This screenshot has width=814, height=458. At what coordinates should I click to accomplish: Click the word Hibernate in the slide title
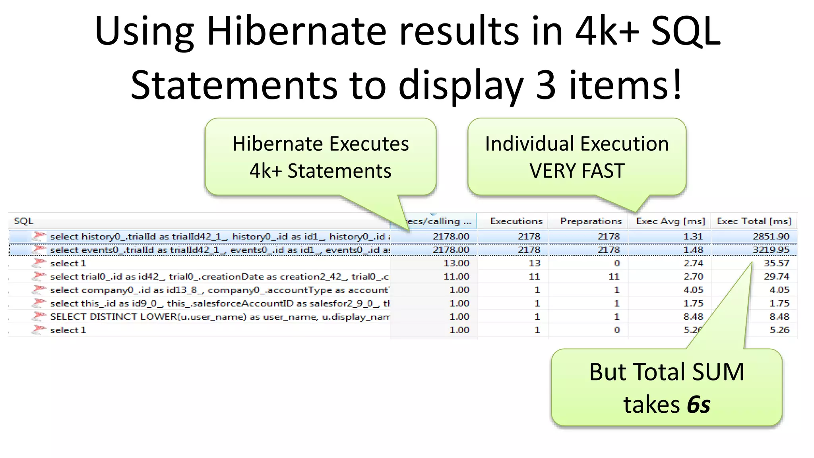(296, 32)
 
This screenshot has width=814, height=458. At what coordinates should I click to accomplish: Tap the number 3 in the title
(545, 85)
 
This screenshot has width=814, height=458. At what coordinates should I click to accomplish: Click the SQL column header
(23, 221)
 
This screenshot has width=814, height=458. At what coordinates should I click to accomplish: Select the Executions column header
(516, 221)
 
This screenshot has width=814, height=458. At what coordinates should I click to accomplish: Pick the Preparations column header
(591, 221)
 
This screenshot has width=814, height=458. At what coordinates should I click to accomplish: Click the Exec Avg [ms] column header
(671, 221)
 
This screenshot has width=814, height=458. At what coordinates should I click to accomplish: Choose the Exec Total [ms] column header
(754, 221)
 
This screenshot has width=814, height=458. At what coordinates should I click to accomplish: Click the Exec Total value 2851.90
(771, 237)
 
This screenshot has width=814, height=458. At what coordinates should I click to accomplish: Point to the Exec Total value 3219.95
(771, 250)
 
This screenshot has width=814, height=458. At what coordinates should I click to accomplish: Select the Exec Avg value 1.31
(693, 237)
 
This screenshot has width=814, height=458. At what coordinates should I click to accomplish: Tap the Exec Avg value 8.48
(693, 317)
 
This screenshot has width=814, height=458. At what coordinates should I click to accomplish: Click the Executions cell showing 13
(534, 263)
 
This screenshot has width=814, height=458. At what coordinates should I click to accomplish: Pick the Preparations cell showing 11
(614, 277)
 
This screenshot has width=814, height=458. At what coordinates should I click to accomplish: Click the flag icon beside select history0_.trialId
(39, 236)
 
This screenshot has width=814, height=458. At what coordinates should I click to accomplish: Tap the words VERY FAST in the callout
(577, 171)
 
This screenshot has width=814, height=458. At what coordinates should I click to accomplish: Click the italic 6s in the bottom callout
(698, 405)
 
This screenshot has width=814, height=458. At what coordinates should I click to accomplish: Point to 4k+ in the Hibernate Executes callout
(266, 171)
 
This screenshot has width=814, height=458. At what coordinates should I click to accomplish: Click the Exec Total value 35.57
(776, 263)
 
